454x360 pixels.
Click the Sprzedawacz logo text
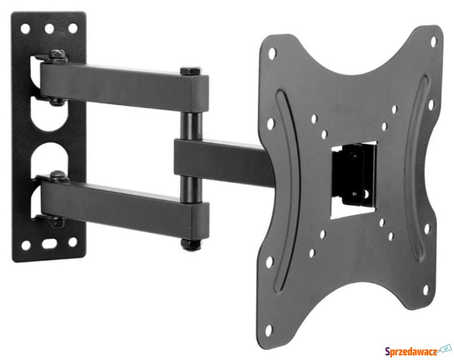[x=411, y=351]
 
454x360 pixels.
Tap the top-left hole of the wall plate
[x=26, y=28]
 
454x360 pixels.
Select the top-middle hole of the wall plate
[x=49, y=28]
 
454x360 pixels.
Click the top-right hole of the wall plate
[x=73, y=28]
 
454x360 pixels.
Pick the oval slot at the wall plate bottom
[x=49, y=243]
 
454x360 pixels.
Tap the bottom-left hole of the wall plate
[x=26, y=245]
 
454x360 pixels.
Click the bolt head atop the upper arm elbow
[x=191, y=71]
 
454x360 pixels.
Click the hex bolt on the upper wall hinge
[x=57, y=55]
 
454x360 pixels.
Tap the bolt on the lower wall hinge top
[x=58, y=175]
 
